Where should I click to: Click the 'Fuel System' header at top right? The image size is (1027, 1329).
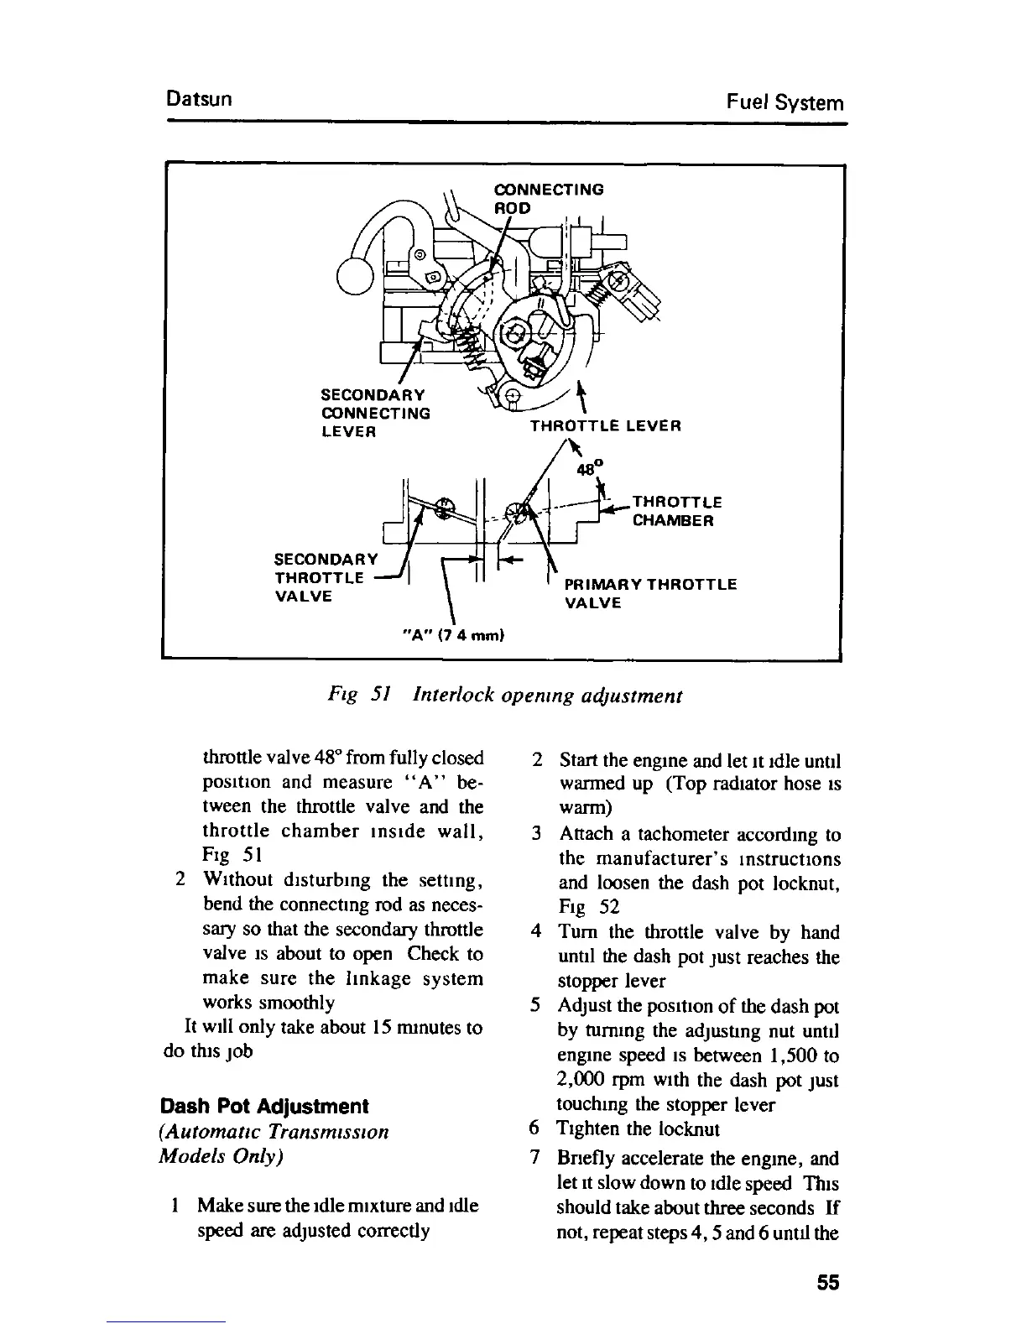click(x=785, y=103)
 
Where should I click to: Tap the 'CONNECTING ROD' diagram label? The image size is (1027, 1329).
click(x=548, y=198)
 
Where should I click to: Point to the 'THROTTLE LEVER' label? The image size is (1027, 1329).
click(x=605, y=426)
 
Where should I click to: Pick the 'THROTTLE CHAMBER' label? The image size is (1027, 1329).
click(x=675, y=511)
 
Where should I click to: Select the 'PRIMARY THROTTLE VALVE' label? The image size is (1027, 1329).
click(x=650, y=593)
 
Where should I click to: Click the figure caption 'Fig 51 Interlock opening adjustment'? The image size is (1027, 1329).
click(x=503, y=696)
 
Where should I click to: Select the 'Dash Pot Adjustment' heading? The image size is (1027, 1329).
click(x=264, y=1105)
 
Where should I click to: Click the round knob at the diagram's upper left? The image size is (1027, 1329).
click(x=353, y=274)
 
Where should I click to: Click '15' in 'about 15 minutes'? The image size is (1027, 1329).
click(x=382, y=1027)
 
